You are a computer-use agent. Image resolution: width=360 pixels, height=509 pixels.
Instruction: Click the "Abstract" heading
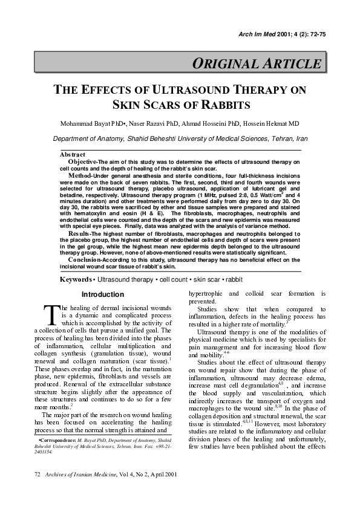[72, 155]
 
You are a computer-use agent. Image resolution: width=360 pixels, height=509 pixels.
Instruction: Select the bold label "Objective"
[83, 162]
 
